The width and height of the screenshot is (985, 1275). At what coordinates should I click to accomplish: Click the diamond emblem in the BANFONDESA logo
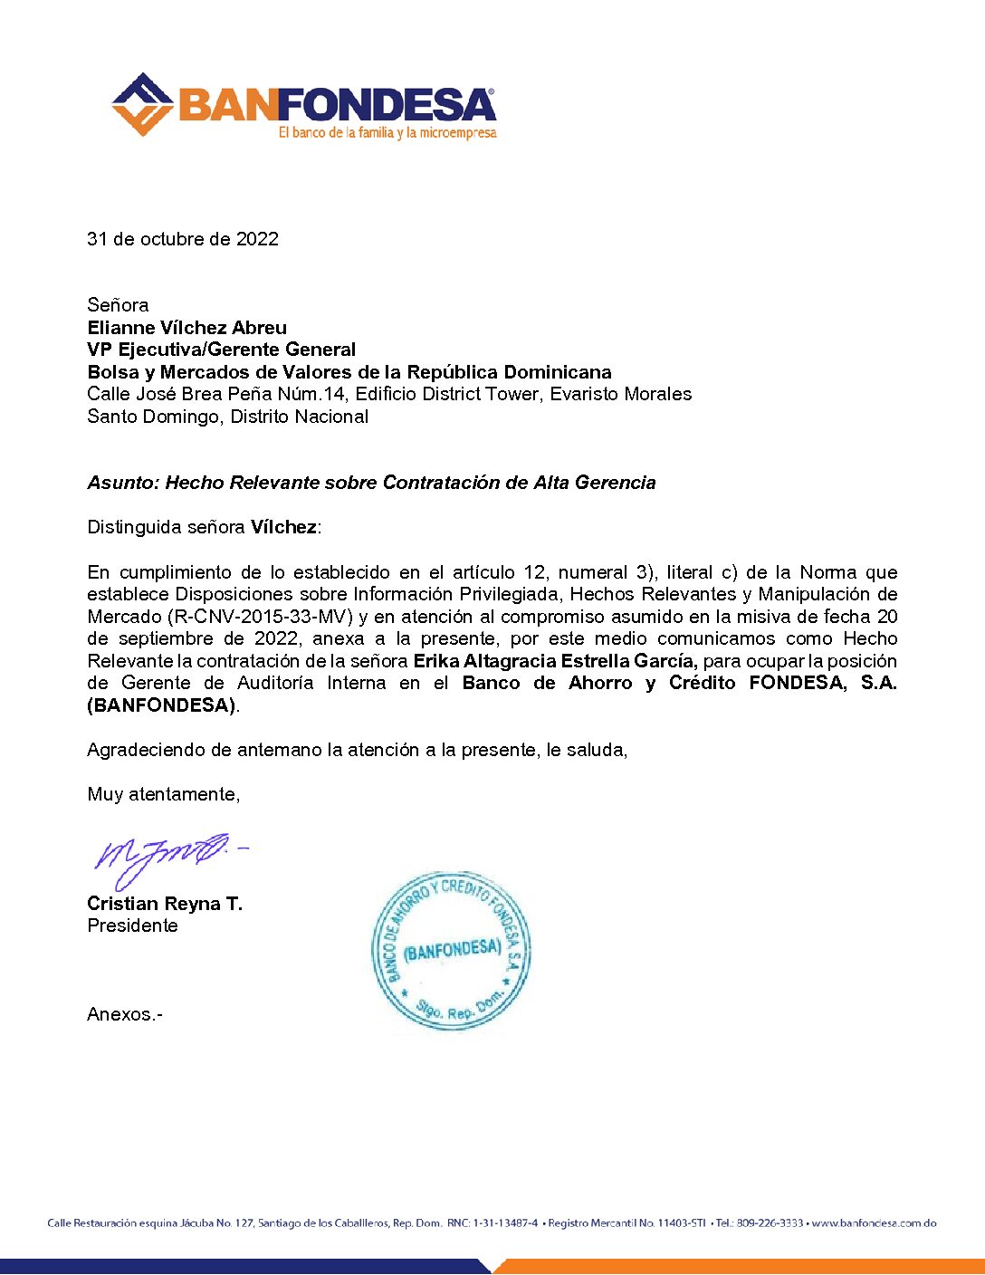pos(142,105)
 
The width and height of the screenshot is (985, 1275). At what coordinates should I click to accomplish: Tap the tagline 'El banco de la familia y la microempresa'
pos(387,133)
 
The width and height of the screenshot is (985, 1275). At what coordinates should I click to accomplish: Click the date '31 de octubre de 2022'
pos(183,239)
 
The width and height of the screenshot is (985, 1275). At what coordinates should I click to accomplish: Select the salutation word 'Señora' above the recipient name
pos(118,305)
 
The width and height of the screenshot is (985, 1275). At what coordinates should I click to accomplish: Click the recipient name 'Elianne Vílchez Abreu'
pos(187,328)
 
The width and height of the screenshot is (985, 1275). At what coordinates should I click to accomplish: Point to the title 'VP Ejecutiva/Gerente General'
pos(222,350)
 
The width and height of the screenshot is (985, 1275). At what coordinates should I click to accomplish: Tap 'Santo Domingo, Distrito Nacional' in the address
pos(228,417)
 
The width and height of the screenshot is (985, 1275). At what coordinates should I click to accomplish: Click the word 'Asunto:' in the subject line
pos(123,483)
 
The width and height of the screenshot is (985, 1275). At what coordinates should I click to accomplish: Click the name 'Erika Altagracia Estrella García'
pos(555,661)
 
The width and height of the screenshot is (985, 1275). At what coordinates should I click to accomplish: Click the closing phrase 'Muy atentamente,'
pos(164,794)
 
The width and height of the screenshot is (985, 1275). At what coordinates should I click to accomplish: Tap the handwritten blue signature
pos(163,857)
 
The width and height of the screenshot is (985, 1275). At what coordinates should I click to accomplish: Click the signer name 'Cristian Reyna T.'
pos(165,904)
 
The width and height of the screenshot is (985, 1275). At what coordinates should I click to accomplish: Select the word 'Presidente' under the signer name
pos(132,925)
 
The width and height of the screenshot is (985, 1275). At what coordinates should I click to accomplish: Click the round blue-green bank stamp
pos(451,952)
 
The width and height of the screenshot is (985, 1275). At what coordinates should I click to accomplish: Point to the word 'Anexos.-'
pos(125,1014)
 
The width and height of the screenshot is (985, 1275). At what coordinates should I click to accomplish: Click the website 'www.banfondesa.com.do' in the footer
pos(874,1223)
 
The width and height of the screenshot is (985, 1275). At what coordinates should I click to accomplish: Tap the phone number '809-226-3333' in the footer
pos(770,1223)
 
